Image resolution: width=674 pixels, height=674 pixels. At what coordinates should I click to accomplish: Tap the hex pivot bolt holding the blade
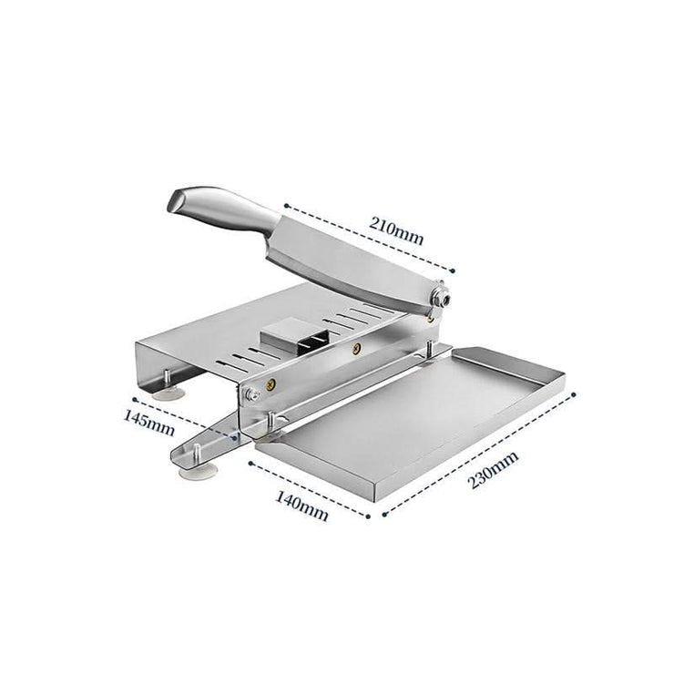tap(441, 298)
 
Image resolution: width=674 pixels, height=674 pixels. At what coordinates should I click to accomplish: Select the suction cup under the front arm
tap(202, 472)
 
